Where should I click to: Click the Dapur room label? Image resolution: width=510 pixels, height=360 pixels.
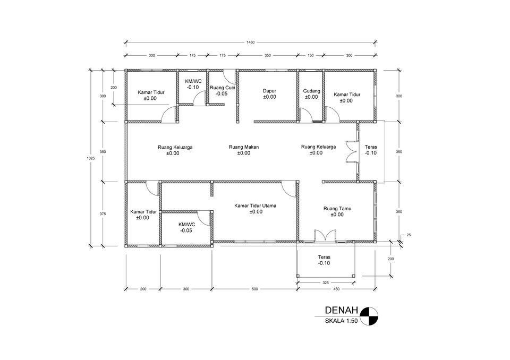(269, 91)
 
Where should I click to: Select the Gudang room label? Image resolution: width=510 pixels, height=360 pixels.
(311, 91)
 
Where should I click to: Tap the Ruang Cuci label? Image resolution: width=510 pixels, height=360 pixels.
(222, 88)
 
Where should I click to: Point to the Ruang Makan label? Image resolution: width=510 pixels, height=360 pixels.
(243, 147)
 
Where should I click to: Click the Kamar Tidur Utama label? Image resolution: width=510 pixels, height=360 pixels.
(256, 205)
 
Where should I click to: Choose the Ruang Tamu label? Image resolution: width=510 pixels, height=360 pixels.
(337, 209)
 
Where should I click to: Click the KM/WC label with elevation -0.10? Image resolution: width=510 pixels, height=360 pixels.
(193, 82)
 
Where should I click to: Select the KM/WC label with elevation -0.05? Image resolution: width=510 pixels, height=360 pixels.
(186, 225)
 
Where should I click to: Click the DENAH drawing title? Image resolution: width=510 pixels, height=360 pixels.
(342, 311)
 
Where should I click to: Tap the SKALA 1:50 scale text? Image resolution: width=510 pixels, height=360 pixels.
(342, 321)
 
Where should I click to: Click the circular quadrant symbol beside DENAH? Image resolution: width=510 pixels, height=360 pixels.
(368, 315)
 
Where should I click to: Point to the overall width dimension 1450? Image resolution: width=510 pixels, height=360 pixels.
(250, 42)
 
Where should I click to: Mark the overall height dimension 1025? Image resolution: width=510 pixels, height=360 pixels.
(91, 158)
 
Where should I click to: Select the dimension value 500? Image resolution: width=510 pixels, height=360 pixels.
(254, 289)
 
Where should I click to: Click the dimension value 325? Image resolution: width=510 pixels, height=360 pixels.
(326, 283)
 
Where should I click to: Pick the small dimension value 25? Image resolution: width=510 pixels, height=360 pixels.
(408, 235)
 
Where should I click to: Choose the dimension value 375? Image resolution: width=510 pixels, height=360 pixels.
(103, 214)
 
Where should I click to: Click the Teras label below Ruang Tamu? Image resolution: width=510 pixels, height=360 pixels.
(324, 260)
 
